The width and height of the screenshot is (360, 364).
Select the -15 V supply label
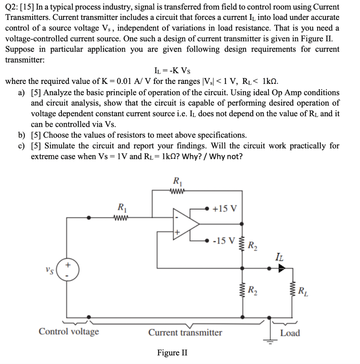point(223,241)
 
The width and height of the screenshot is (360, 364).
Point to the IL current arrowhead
point(282,269)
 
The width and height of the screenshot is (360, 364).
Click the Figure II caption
point(172,353)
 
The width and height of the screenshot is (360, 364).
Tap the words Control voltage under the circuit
point(69,332)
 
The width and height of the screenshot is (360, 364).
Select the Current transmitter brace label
point(185,333)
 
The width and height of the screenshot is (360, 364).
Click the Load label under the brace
point(290,333)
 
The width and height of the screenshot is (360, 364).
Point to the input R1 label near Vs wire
point(121,207)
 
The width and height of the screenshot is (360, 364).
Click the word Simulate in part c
point(60,146)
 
